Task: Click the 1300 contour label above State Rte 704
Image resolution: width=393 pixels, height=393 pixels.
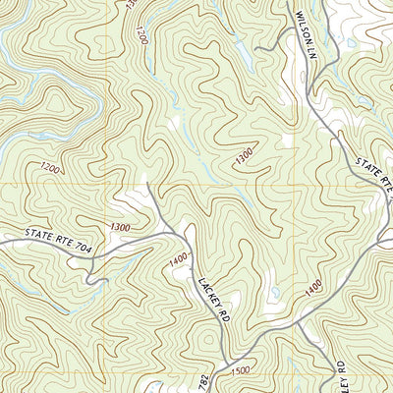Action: click(120, 227)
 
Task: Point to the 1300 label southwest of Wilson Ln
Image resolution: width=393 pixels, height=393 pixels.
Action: click(244, 153)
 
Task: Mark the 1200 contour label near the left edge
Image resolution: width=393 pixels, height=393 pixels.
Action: click(51, 170)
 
